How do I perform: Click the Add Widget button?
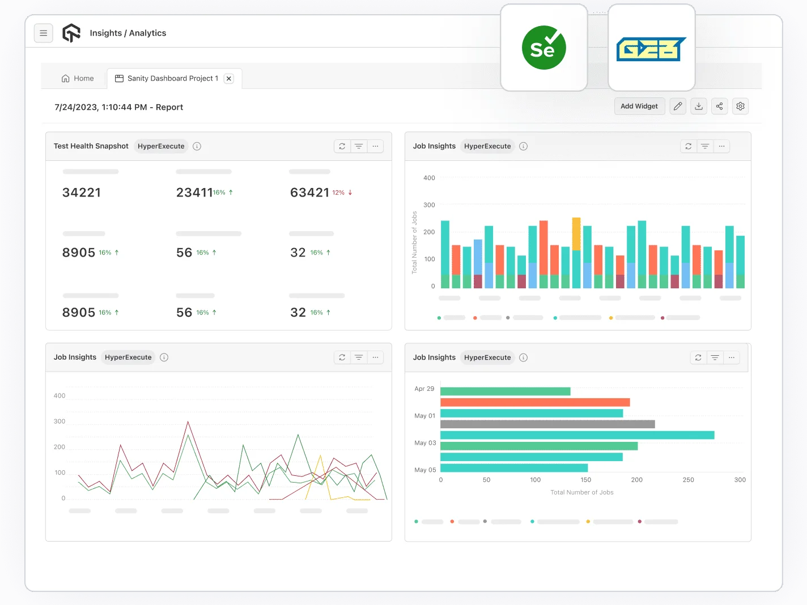[639, 106]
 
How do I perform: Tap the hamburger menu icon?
[44, 33]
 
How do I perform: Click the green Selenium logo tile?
[543, 48]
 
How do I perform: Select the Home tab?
[78, 79]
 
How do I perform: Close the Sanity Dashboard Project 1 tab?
[229, 79]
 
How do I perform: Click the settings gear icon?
[740, 106]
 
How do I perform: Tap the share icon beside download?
[719, 106]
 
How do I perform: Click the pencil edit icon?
[678, 106]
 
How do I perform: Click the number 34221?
[82, 193]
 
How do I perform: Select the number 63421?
[309, 193]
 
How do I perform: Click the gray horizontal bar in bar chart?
[547, 424]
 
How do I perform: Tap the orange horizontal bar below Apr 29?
[534, 402]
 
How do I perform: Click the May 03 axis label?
[425, 443]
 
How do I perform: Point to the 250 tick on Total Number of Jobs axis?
[688, 480]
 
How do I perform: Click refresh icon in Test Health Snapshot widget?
[342, 146]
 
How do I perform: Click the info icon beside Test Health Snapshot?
[197, 146]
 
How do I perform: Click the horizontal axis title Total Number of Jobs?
[581, 492]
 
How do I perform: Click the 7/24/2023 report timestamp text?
[118, 107]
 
